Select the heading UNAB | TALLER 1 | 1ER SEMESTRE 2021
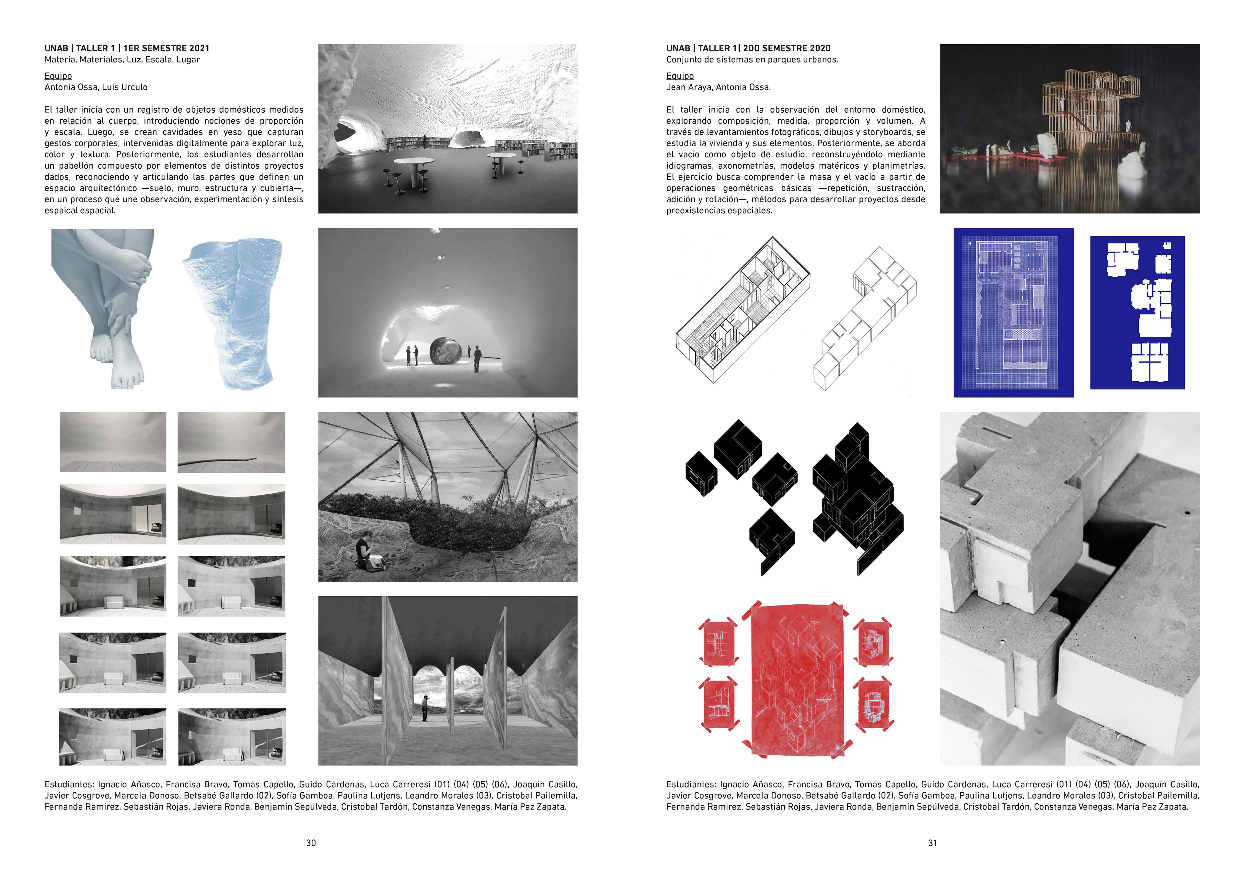127,48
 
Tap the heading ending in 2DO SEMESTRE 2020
748,48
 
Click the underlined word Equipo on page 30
58,76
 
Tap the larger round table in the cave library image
414,162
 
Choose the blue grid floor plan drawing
1013,312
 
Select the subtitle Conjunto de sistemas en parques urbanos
752,60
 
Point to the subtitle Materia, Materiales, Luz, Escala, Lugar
122,60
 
